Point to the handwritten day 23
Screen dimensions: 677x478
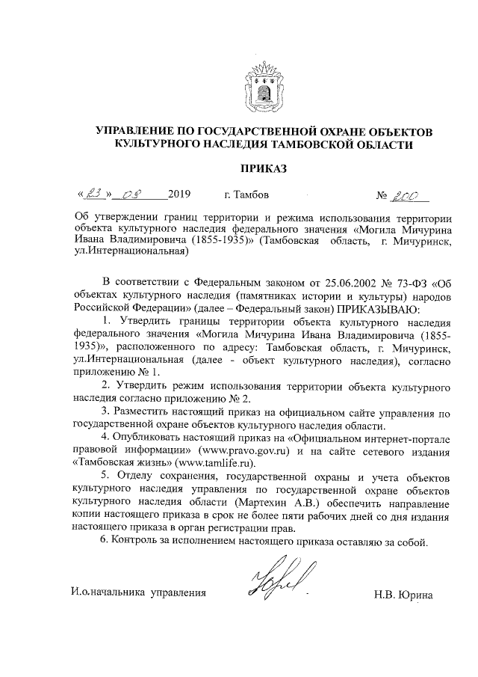coord(96,196)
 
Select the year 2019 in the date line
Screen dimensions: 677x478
coord(180,197)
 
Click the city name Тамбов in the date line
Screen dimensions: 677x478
coord(251,197)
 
